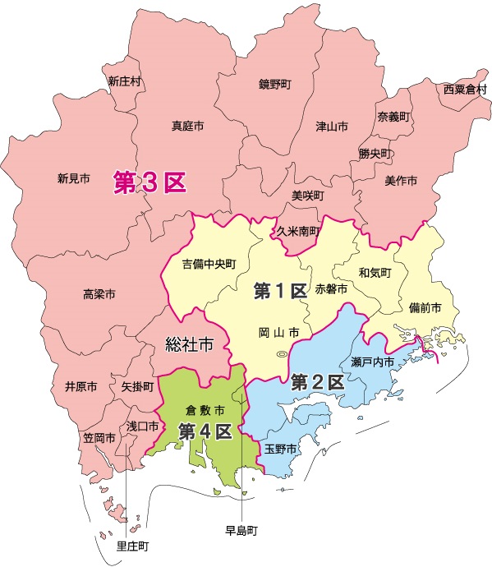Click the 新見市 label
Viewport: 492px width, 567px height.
(x=74, y=178)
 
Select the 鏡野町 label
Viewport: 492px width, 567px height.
(x=275, y=85)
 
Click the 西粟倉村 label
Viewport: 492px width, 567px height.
(x=465, y=89)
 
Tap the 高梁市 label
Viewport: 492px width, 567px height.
(x=99, y=293)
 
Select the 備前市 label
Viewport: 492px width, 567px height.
(x=425, y=307)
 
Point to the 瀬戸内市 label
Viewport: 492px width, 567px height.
(x=373, y=362)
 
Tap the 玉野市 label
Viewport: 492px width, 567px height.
(x=280, y=449)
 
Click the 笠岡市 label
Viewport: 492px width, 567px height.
(x=99, y=438)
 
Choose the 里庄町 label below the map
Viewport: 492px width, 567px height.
(x=132, y=546)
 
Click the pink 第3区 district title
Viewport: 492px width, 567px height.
(x=151, y=182)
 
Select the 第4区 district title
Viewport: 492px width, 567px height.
(x=205, y=431)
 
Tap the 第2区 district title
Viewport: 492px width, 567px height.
(x=318, y=381)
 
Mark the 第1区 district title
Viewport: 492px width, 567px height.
(x=280, y=290)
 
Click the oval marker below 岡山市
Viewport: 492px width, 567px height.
(x=282, y=354)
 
